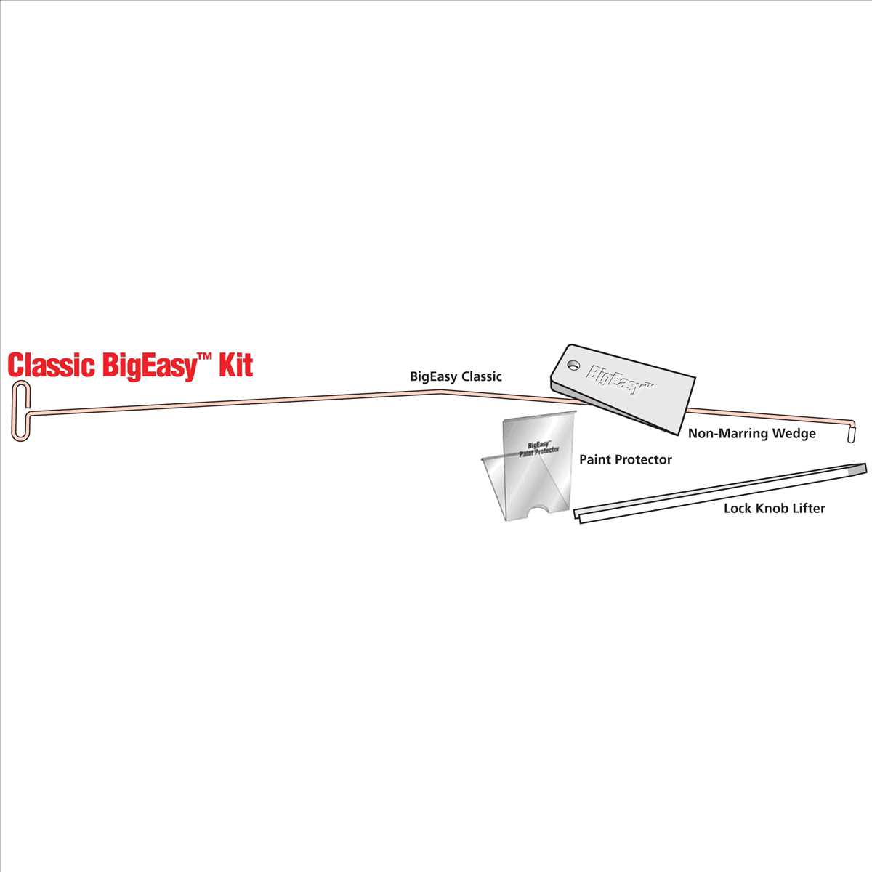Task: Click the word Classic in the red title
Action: (x=50, y=365)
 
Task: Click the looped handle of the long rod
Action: (x=20, y=411)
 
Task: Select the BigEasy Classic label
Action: (x=456, y=376)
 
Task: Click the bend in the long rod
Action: (x=440, y=391)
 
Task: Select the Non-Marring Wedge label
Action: (x=752, y=434)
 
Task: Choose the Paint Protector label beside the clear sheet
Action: (x=625, y=460)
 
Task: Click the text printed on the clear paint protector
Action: (x=539, y=448)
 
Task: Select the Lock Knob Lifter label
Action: (x=774, y=509)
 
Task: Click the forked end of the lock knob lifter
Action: (x=579, y=515)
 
